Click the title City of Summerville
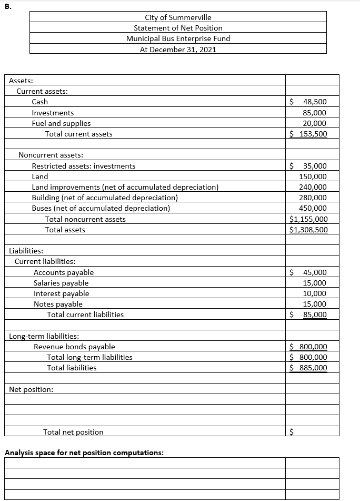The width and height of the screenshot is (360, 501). click(178, 17)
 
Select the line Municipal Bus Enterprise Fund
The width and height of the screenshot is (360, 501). click(178, 38)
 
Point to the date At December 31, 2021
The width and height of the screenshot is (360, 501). click(178, 49)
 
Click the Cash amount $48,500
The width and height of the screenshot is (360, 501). click(309, 102)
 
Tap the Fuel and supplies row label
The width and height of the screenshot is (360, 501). click(61, 123)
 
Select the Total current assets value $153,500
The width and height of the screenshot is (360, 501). click(309, 134)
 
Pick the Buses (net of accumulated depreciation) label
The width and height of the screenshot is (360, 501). click(101, 208)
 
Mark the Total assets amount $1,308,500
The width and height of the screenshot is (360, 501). click(309, 230)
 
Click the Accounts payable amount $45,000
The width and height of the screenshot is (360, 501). click(309, 272)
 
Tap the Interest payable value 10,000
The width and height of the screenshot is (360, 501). click(315, 293)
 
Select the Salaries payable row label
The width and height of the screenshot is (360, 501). click(61, 283)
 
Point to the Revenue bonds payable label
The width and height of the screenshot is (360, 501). click(74, 347)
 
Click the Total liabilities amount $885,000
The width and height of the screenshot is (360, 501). click(309, 368)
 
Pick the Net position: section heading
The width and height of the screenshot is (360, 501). click(31, 389)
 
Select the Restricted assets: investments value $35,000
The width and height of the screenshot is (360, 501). click(309, 166)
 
